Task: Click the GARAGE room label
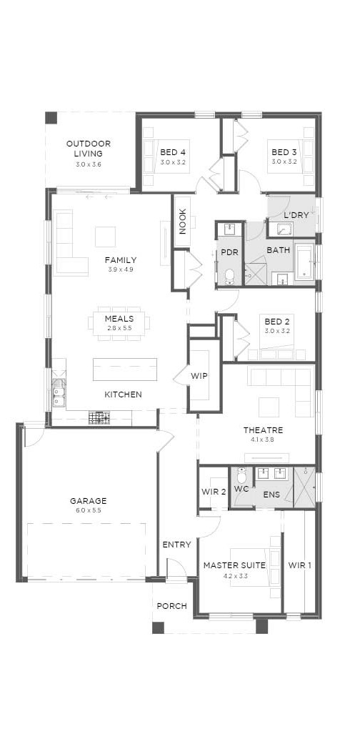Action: tap(89, 501)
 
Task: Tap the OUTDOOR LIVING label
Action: tap(89, 149)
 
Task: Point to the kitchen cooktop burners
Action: tap(99, 418)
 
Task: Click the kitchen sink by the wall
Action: tap(58, 393)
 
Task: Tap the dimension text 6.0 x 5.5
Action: tap(89, 510)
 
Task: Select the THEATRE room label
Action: tap(263, 430)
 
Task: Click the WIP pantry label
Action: tap(199, 376)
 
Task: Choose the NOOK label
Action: tap(182, 222)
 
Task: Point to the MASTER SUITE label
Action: tap(234, 565)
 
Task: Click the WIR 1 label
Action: tap(299, 565)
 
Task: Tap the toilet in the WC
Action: tap(241, 475)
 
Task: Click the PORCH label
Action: tap(171, 606)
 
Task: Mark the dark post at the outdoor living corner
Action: tap(51, 118)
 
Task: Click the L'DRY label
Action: tap(296, 215)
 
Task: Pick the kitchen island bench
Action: tap(125, 370)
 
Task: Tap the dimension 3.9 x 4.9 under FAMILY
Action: tap(120, 269)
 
